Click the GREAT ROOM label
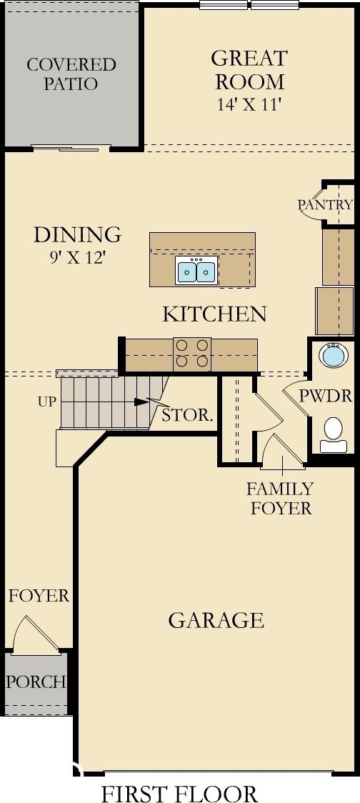pos(249,69)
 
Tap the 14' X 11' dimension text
pos(249,104)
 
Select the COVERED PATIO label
pos(71,74)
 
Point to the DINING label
pos(78,234)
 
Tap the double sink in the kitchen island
pos(196,270)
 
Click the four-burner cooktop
pos(192,354)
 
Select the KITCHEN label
pos(214,314)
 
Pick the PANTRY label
pos(326,205)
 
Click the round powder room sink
pos(334,355)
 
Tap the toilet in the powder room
pos(334,435)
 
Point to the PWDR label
pos(326,396)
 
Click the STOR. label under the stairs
pos(187,415)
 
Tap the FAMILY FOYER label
pos(279,498)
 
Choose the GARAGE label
pos(216,620)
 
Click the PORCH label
pos(36,682)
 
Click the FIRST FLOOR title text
pos(180,793)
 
